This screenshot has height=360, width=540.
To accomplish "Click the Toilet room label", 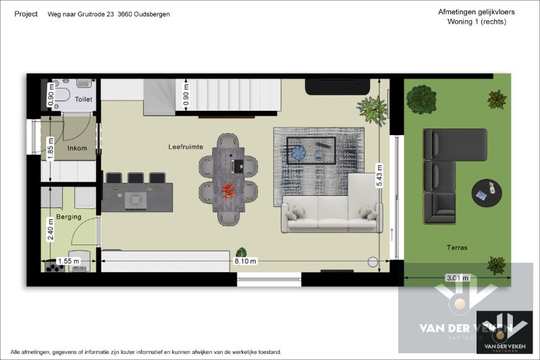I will (84, 99).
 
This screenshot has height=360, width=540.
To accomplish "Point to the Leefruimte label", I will (186, 146).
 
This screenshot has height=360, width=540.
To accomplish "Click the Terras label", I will (456, 248).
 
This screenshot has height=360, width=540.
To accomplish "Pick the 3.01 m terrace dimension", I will (457, 276).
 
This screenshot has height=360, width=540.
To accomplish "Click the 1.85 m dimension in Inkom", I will (50, 149).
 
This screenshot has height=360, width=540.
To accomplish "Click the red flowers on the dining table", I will (228, 190).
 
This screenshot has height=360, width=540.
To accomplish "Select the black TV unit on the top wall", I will (337, 86).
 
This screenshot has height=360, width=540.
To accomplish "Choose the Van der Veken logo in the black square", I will (504, 331).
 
